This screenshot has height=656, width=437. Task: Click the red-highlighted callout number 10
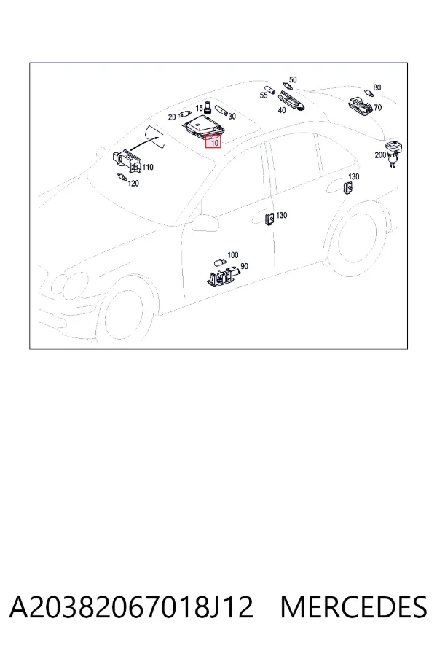[x=215, y=143]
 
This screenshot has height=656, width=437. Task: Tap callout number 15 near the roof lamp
[x=199, y=109]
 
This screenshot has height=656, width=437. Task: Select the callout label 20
[x=172, y=117]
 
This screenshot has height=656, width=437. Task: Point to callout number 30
[x=232, y=117]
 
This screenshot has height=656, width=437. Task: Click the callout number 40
[x=282, y=110]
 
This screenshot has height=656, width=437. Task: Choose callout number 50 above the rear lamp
[x=293, y=79]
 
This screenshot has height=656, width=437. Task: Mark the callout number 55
[x=264, y=95]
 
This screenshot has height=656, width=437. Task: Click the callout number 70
[x=377, y=108]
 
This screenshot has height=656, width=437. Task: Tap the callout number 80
[x=377, y=87]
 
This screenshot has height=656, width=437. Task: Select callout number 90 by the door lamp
[x=244, y=266]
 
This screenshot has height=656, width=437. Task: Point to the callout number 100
[x=233, y=255]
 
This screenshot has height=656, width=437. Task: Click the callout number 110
[x=148, y=168]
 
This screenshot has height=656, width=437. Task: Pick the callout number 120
[x=133, y=183]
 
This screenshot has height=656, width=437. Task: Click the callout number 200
[x=380, y=155]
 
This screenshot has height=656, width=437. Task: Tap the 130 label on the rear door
[x=354, y=176]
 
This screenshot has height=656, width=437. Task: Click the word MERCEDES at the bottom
[x=354, y=607]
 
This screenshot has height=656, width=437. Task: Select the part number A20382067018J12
[x=131, y=607]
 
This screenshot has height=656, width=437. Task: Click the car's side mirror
[x=205, y=222]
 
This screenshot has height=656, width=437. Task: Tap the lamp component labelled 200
[x=393, y=153]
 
